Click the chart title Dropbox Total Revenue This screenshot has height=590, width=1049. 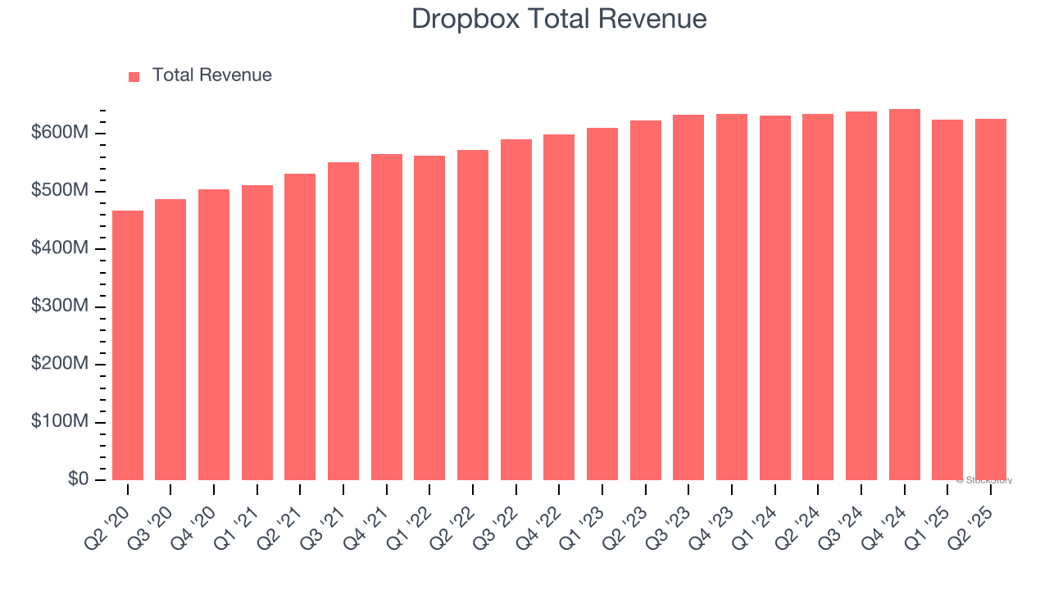point(559,19)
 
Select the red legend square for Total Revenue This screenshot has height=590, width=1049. point(134,76)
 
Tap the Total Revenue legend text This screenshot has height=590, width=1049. point(211,75)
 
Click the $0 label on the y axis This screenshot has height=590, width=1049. point(79,479)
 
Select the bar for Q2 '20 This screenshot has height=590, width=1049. point(128,345)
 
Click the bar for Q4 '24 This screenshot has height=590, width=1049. point(905,294)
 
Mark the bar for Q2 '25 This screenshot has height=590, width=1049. point(991,299)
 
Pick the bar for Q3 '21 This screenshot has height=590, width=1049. point(343,320)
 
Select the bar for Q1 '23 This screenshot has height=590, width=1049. point(602,303)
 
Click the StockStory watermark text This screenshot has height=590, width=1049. point(983,480)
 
